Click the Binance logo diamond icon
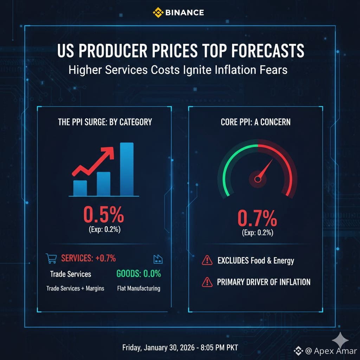coord(158,12)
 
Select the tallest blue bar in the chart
coord(127,169)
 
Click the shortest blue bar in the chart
coord(80,188)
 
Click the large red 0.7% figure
coord(257,218)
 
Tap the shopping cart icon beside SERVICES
coord(51,259)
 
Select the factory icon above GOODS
coord(158,259)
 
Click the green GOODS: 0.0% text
coord(139,274)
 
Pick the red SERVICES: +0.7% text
coord(89,258)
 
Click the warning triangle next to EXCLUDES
coord(207,261)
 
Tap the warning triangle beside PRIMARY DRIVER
coord(207,282)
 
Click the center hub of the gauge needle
coord(258,179)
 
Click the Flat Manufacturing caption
coord(139,289)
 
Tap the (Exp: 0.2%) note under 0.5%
coord(103,231)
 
